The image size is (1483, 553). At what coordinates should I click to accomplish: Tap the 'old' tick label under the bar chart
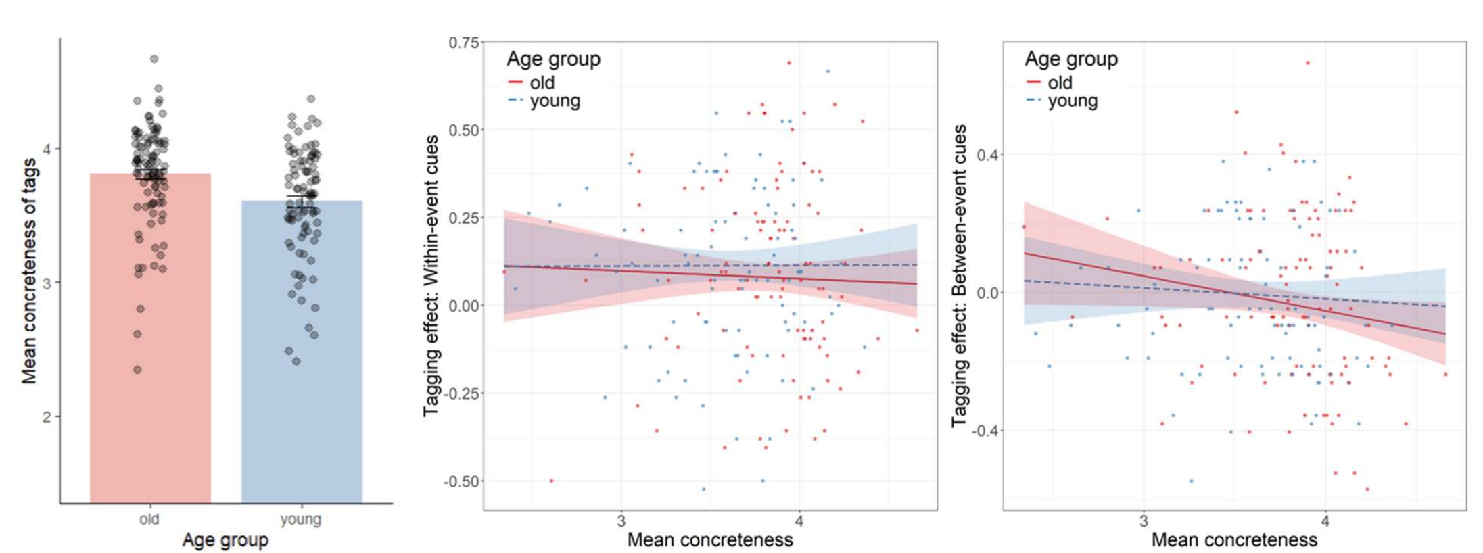[149, 519]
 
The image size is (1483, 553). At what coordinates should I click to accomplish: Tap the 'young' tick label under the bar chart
[301, 519]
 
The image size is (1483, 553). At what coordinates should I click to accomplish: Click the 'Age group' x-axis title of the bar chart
[225, 540]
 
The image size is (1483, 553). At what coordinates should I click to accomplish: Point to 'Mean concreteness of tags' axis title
[29, 270]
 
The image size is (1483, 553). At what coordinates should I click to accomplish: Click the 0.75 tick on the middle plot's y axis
[463, 43]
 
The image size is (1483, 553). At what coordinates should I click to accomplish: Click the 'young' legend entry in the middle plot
[555, 101]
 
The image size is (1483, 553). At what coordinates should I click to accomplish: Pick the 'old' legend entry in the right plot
[1060, 82]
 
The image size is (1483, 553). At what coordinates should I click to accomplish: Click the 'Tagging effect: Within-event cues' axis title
[431, 276]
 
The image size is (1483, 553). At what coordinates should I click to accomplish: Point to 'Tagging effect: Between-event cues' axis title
[960, 276]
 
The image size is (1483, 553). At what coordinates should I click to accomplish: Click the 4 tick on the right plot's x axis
[1325, 521]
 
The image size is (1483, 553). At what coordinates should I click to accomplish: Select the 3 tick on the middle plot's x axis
[621, 521]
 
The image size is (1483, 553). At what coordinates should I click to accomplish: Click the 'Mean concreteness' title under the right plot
[1234, 540]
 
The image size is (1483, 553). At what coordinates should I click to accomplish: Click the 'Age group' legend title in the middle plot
[553, 59]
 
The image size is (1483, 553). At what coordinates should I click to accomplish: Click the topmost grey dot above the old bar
[154, 59]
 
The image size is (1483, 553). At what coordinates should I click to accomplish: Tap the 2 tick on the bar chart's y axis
[47, 416]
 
